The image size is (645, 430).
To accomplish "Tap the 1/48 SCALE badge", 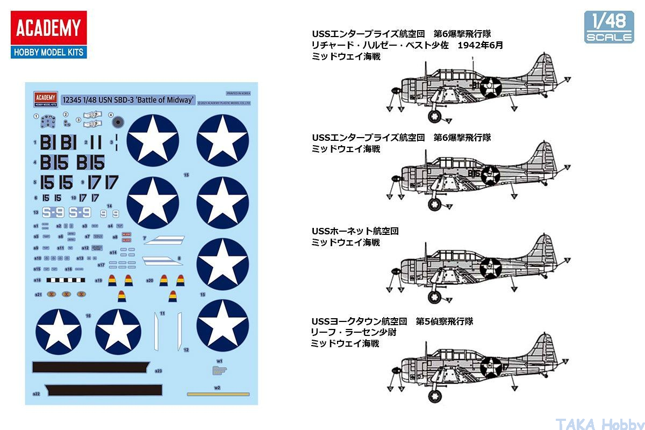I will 609,27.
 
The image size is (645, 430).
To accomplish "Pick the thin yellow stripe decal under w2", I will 218,394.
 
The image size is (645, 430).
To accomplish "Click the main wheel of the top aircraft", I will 434,116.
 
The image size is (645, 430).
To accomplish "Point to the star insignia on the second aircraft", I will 490,175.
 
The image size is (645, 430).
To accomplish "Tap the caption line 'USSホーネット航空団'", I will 355,231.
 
